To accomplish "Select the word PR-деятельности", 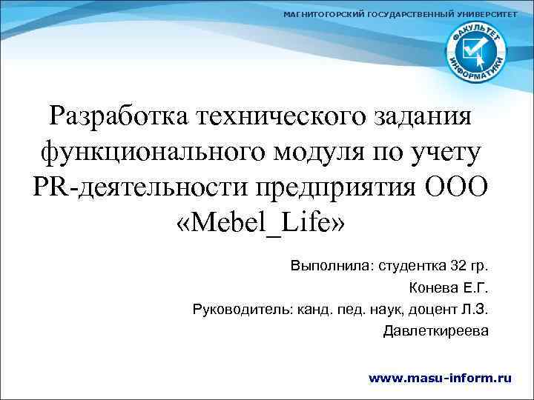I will point(142,186).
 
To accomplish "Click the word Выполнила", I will point(331,264).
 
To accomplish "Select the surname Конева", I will point(433,287).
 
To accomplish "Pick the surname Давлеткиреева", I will point(435,330).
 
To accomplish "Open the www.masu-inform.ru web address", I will point(440,377).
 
